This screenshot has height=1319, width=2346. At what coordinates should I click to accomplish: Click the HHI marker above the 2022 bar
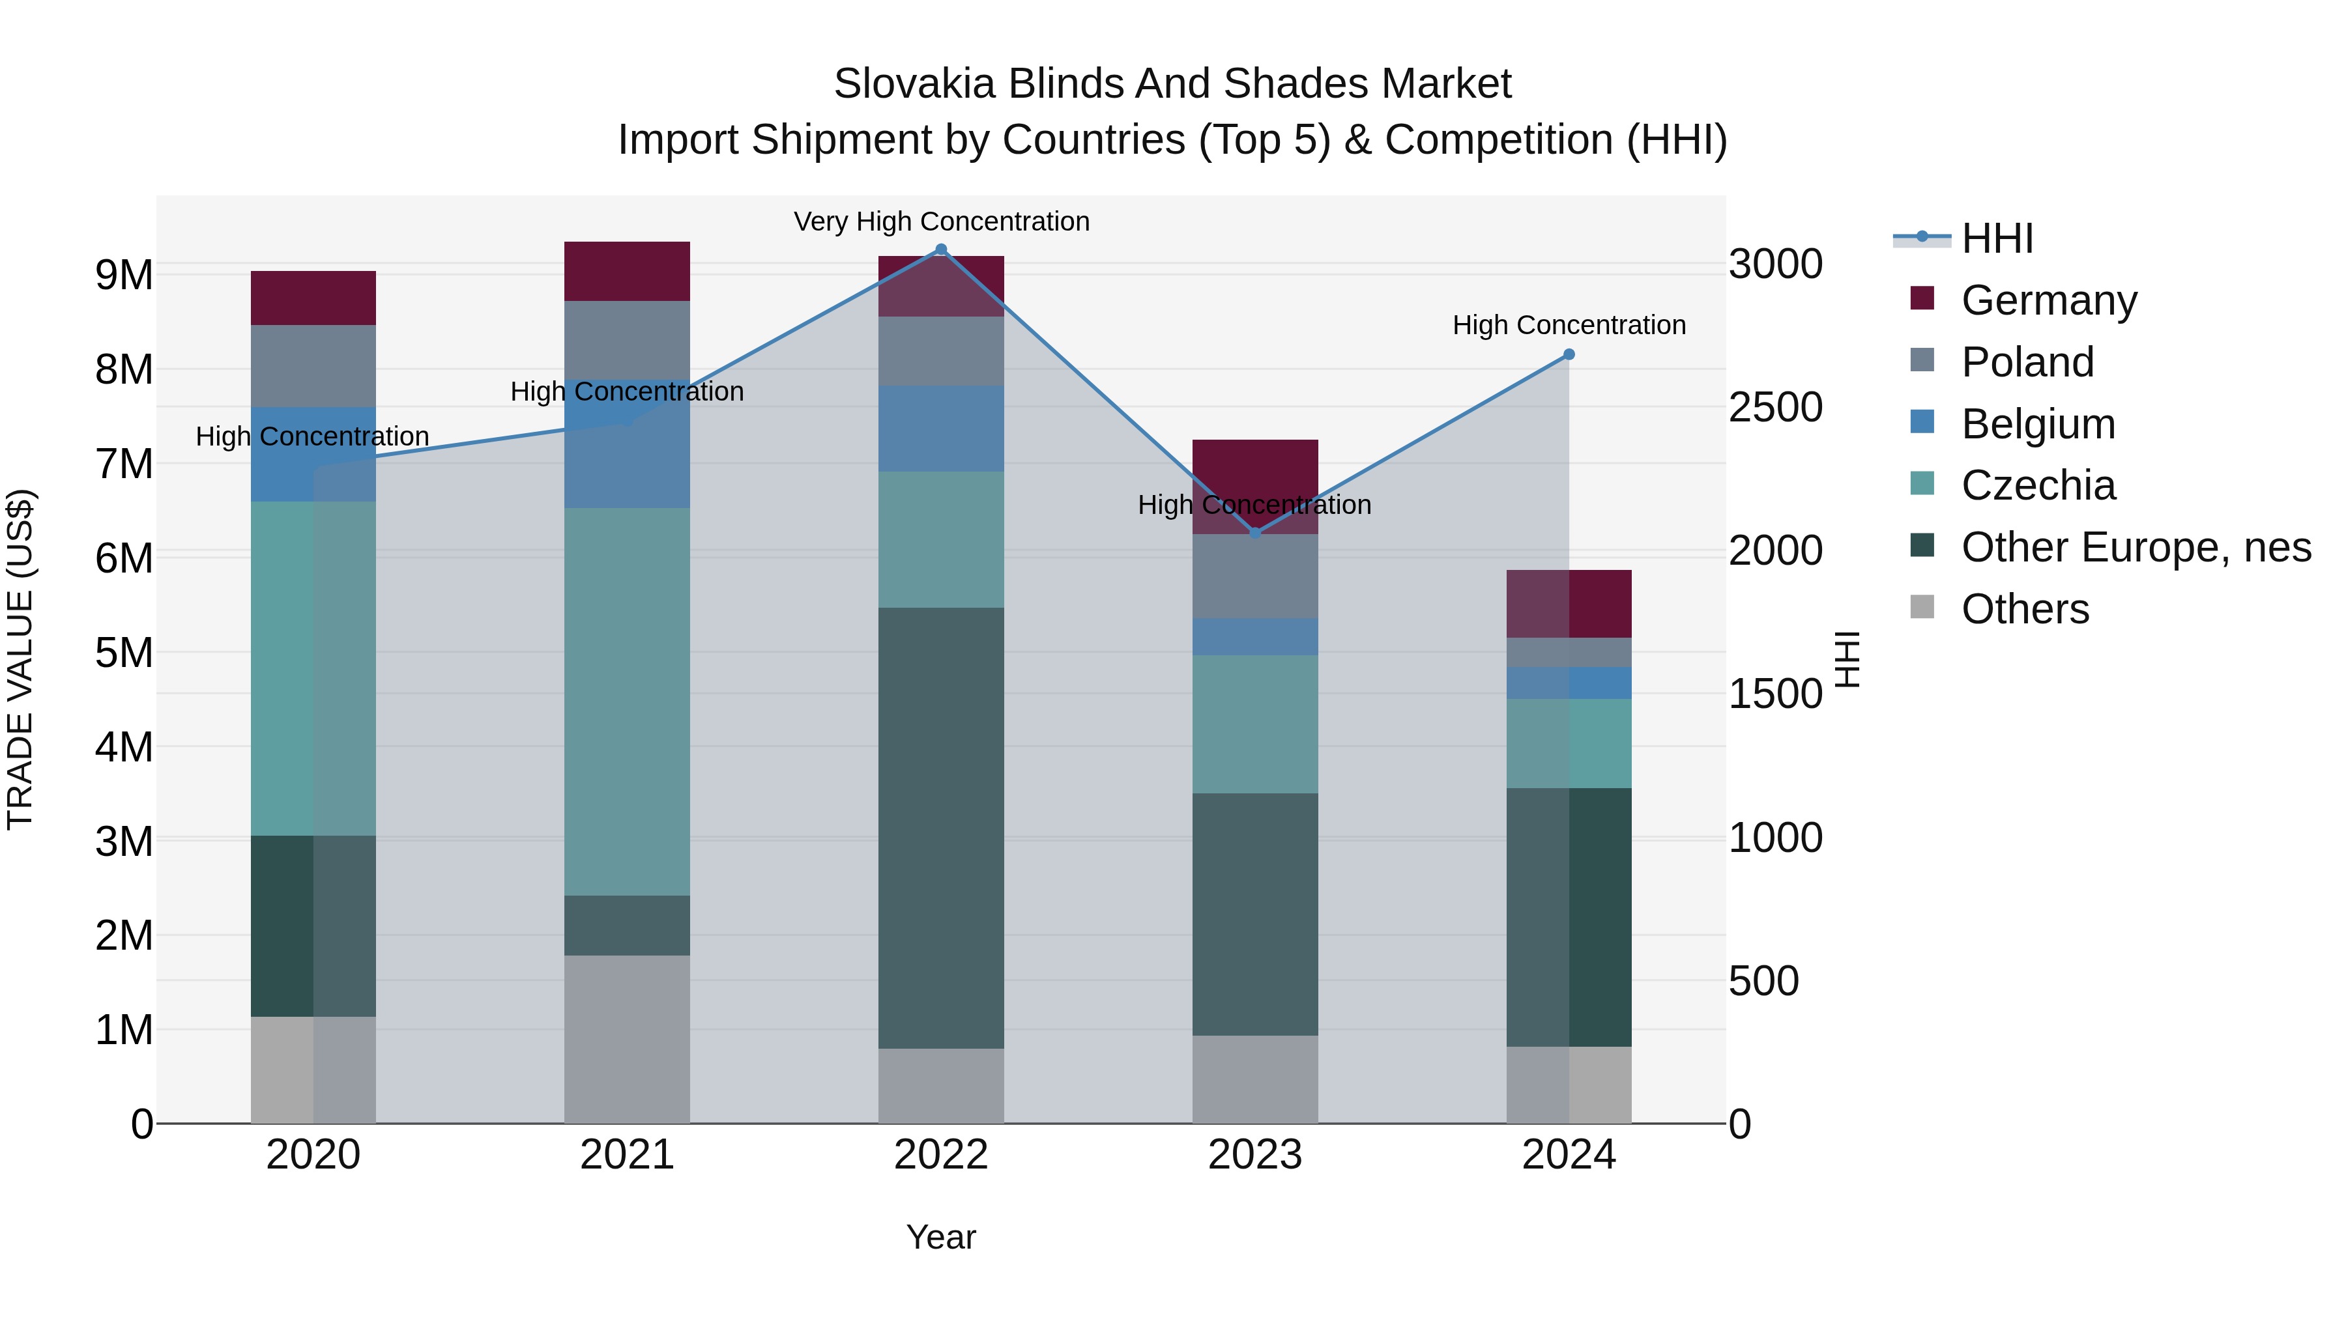[941, 249]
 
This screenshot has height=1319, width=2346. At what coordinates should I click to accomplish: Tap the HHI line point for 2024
[1569, 355]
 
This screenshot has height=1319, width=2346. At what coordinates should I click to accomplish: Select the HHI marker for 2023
[1255, 533]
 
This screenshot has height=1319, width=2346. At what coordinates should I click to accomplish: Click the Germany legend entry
[2048, 300]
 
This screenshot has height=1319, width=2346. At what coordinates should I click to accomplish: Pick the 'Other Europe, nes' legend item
[2136, 547]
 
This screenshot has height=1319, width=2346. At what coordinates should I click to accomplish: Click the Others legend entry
[2025, 609]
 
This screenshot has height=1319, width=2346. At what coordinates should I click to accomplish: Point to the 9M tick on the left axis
[124, 275]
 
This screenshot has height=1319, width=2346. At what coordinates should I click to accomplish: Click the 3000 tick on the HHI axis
[1775, 265]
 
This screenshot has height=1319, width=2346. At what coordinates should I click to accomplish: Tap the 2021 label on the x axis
[626, 1155]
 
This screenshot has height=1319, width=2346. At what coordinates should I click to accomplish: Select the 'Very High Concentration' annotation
[941, 222]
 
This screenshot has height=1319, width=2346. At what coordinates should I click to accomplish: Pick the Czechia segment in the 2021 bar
[626, 701]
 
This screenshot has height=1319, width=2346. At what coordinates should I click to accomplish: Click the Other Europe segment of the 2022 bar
[941, 829]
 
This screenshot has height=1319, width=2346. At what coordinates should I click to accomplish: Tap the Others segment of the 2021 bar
[626, 1038]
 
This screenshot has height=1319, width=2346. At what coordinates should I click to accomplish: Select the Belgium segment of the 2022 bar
[941, 428]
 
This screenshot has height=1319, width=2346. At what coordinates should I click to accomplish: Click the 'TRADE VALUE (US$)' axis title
[20, 659]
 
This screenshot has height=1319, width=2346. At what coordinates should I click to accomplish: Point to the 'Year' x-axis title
[941, 1237]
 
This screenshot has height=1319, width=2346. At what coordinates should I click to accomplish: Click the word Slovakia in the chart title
[914, 84]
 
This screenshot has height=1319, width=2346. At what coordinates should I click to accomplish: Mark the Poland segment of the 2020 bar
[313, 366]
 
